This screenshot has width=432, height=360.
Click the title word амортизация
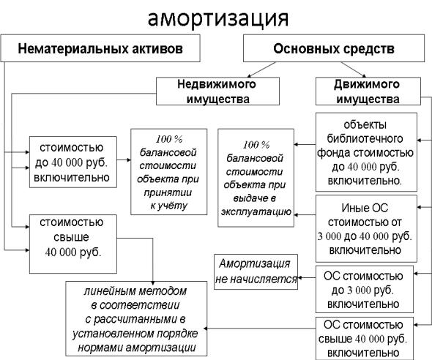(x=218, y=19)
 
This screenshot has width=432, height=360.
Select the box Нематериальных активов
(x=100, y=48)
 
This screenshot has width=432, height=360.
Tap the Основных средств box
(x=334, y=48)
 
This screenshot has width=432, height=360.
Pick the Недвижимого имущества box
(x=217, y=91)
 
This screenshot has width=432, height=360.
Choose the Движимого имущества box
(x=368, y=91)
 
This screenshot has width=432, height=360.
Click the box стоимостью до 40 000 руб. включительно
(x=73, y=162)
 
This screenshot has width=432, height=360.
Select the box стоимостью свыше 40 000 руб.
(x=73, y=244)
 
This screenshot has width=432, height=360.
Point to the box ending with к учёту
(x=169, y=172)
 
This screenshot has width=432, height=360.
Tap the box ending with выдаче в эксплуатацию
(x=256, y=178)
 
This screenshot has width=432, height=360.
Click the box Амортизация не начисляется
(x=256, y=272)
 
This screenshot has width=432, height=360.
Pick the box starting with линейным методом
(x=136, y=319)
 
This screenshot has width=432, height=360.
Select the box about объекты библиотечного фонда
(x=366, y=152)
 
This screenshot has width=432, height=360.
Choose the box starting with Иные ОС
(x=366, y=229)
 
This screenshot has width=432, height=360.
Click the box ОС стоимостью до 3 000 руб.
(x=365, y=289)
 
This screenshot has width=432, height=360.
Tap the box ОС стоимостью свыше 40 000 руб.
(x=365, y=339)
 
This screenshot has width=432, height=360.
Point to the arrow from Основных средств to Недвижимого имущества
(x=261, y=70)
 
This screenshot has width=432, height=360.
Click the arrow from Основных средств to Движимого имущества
(x=354, y=70)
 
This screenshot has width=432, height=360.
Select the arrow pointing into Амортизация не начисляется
(x=307, y=278)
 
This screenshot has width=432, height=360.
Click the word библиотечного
(x=365, y=138)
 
